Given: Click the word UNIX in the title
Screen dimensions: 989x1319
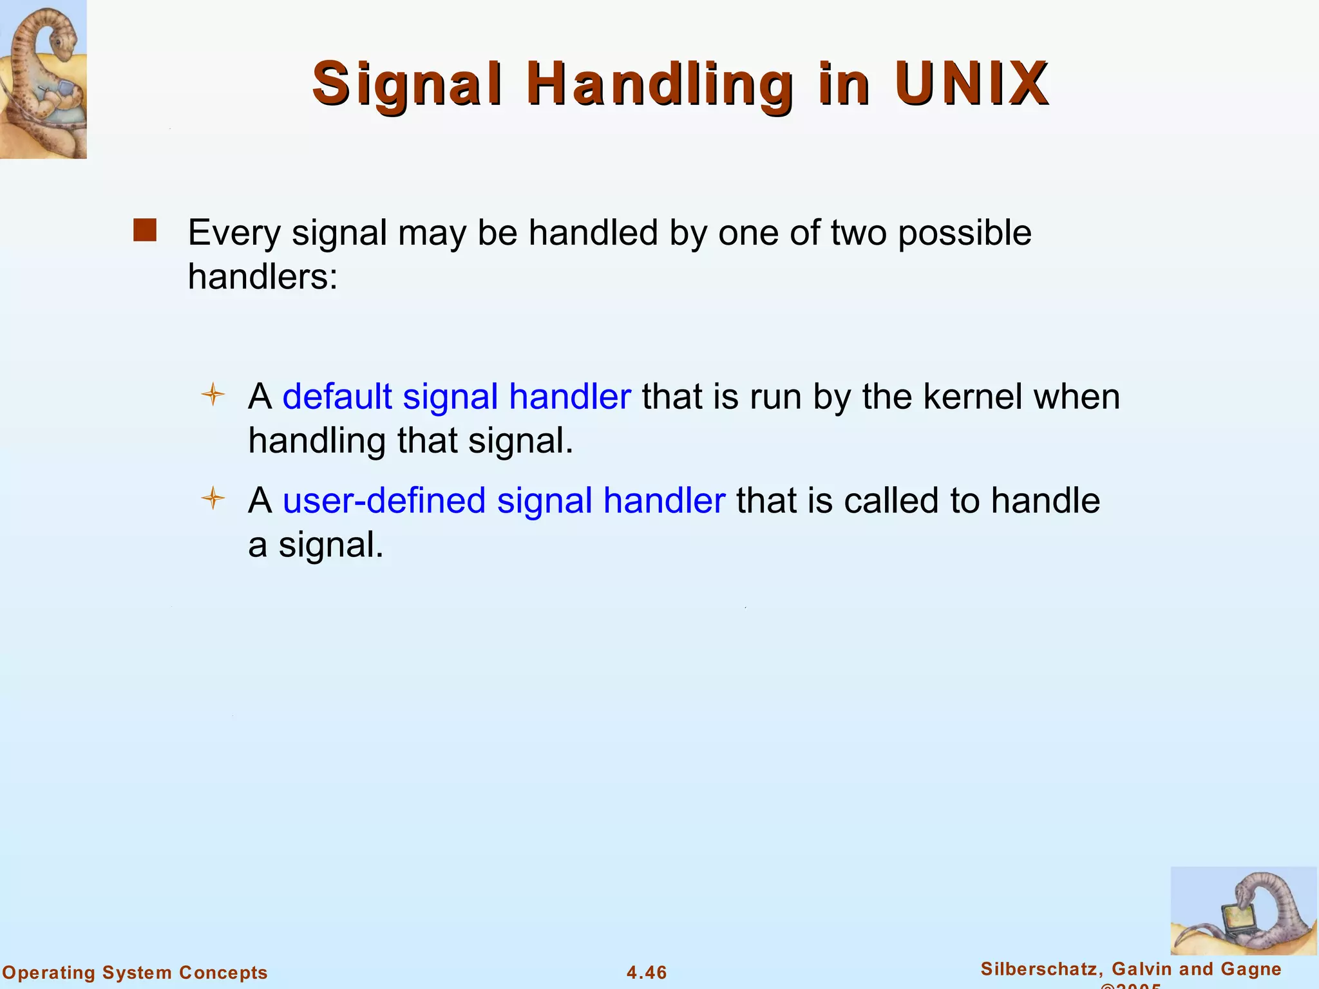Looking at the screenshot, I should point(971,84).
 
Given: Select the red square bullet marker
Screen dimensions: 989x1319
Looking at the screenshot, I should point(145,231).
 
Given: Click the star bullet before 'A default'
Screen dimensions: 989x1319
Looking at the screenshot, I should point(213,394).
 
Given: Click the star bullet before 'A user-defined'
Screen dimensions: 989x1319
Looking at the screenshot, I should point(213,498).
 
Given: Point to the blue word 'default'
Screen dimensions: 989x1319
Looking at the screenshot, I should point(337,396).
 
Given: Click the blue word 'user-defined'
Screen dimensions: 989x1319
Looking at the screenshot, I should point(384,500).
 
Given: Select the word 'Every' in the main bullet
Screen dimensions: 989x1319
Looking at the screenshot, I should point(234,233).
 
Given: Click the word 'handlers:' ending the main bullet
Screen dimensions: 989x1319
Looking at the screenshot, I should point(262,277).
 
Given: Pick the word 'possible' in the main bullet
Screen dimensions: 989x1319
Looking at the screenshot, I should point(964,233).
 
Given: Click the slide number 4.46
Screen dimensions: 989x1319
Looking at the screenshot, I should point(647,972).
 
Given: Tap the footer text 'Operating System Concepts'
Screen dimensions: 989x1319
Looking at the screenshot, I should point(135,972).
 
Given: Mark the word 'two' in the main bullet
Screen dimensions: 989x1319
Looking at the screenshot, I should point(858,233).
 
